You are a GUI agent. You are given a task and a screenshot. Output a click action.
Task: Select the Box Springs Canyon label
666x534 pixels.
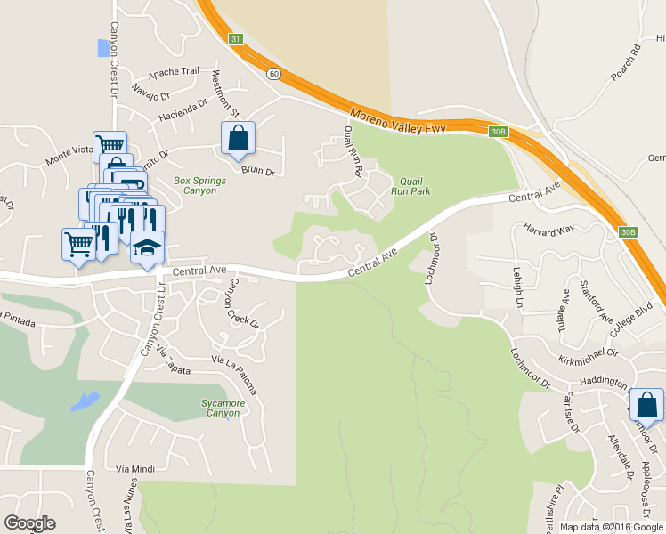[199, 186]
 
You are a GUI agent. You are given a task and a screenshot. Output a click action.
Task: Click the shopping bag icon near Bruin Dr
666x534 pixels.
[238, 139]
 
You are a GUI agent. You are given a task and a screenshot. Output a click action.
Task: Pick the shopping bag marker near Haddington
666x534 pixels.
[646, 405]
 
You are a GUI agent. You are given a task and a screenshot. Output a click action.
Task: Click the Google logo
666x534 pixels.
[29, 523]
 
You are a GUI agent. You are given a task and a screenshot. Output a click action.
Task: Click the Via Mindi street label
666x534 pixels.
[135, 467]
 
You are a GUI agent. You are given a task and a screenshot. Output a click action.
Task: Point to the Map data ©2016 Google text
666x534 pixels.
[611, 527]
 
